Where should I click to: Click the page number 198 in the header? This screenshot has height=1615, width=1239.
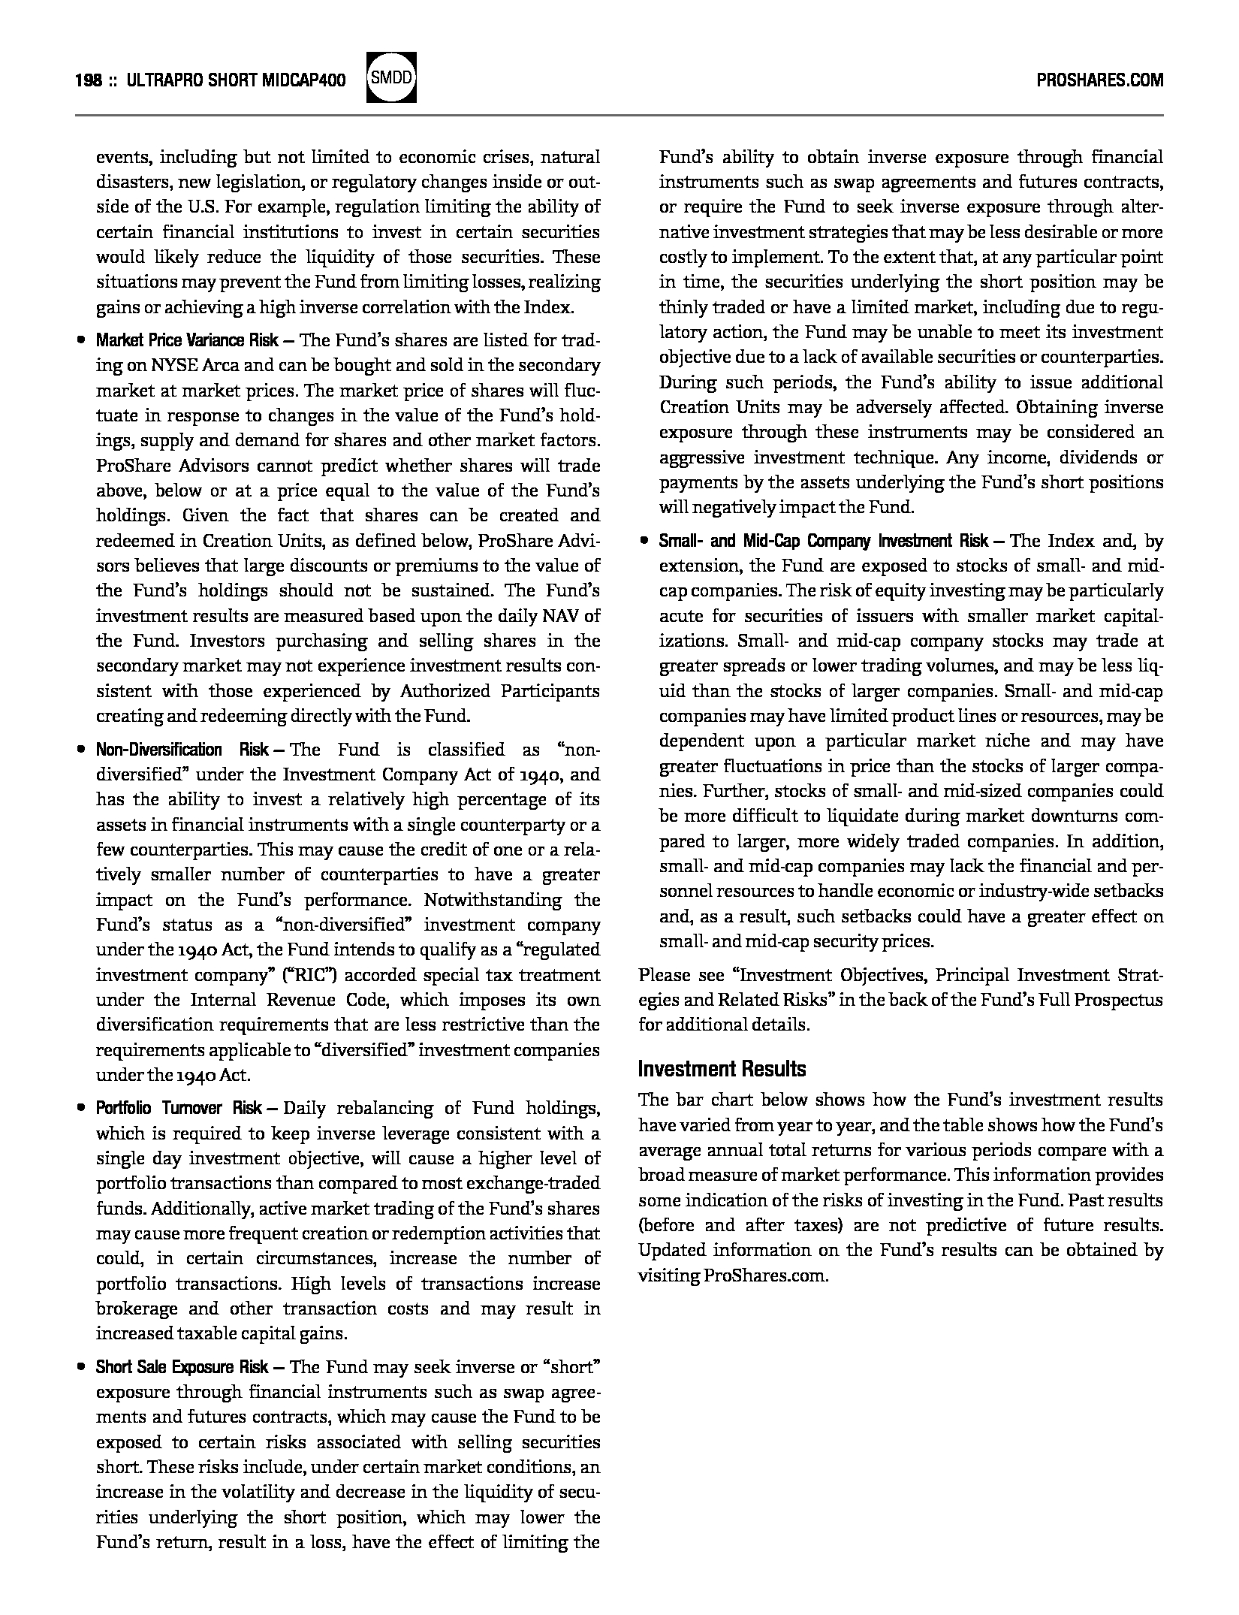pos(89,80)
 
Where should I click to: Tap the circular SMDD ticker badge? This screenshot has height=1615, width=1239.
pos(390,77)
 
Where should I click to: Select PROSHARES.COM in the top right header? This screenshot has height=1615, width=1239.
pos(1099,80)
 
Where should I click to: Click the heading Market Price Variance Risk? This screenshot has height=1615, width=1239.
pos(187,340)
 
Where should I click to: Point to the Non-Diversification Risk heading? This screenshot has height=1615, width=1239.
pos(182,750)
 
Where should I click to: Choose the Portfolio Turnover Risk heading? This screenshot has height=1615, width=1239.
pos(179,1109)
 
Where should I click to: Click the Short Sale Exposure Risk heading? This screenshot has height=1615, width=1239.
pos(182,1367)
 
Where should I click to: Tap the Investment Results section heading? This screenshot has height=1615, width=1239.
pos(722,1069)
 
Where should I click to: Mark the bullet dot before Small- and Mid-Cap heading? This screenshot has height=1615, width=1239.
pos(644,541)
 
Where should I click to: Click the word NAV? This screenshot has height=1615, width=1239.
pos(562,616)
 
